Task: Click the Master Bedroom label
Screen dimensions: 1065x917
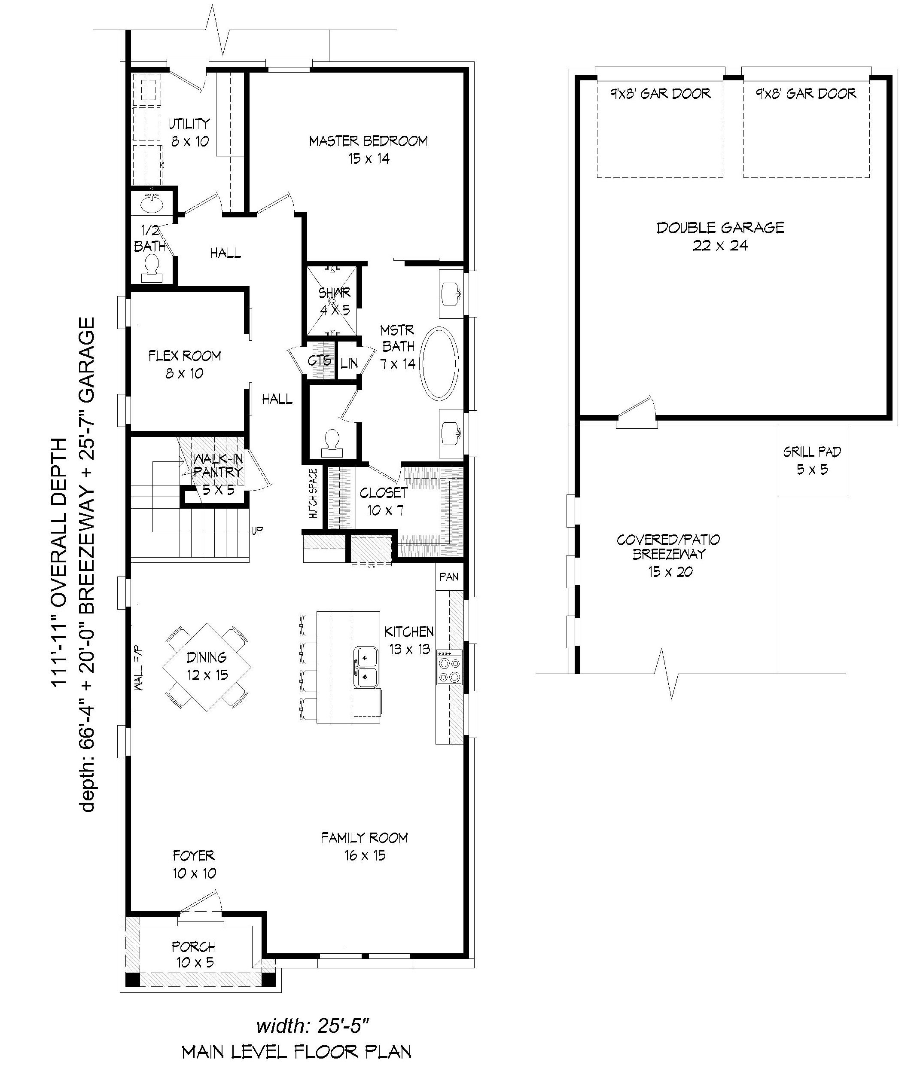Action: point(368,149)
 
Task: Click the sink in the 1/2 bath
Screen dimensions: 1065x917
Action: point(152,204)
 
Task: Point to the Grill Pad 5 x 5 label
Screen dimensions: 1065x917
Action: point(812,460)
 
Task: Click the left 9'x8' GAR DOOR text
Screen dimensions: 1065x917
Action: point(661,94)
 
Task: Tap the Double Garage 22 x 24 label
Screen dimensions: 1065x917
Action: point(720,236)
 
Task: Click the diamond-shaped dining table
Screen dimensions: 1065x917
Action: point(207,667)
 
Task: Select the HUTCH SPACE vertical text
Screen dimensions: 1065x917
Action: point(313,494)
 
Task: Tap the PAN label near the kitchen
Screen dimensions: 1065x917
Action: point(449,577)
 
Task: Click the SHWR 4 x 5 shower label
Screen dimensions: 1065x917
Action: point(335,301)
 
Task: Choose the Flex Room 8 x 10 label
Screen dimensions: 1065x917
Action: point(185,364)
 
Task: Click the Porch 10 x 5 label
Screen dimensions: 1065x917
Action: point(194,955)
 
